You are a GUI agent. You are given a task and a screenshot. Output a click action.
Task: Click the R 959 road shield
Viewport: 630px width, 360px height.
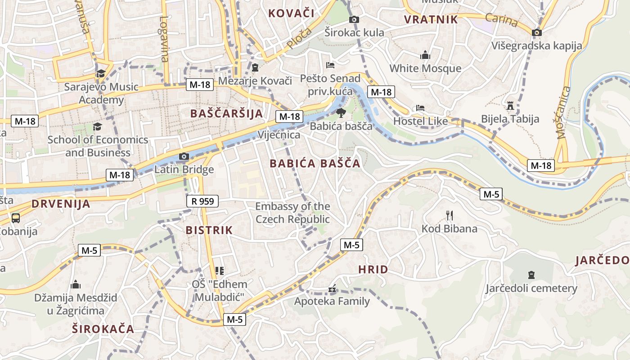[202, 201]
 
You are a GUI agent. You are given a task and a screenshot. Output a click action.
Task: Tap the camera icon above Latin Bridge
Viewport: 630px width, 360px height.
[184, 157]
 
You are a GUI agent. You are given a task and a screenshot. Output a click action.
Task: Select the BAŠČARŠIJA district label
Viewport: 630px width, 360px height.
[226, 113]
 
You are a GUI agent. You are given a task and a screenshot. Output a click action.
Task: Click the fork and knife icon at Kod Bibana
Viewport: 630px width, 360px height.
[449, 216]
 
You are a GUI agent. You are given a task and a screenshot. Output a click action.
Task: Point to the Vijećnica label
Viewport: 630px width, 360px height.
[279, 135]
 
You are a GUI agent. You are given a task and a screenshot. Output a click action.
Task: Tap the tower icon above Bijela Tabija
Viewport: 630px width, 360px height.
[510, 106]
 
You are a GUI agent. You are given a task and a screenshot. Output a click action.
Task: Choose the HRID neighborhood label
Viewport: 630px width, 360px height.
[373, 270]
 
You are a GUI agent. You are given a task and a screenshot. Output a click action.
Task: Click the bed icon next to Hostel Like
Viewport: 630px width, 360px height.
[420, 108]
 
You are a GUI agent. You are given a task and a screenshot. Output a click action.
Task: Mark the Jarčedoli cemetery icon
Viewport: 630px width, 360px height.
[531, 274]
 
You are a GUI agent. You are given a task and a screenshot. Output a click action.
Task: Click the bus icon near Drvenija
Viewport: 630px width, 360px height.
[16, 218]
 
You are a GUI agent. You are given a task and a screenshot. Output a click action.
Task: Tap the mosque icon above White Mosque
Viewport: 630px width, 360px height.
[425, 55]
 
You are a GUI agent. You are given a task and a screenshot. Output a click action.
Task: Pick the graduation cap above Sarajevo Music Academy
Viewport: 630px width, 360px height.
[101, 73]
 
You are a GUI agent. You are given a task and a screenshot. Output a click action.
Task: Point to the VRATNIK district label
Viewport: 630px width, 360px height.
[431, 19]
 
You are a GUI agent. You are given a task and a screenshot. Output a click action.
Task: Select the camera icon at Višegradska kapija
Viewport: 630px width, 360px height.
[536, 32]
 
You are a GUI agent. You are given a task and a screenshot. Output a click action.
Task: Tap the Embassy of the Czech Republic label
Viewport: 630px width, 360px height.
[292, 213]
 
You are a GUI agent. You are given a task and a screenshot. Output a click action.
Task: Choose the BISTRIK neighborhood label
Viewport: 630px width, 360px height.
[209, 230]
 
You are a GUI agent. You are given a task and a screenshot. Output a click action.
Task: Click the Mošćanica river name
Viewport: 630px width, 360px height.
[564, 112]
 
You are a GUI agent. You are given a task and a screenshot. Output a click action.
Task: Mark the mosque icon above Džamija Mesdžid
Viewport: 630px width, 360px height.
[76, 285]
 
